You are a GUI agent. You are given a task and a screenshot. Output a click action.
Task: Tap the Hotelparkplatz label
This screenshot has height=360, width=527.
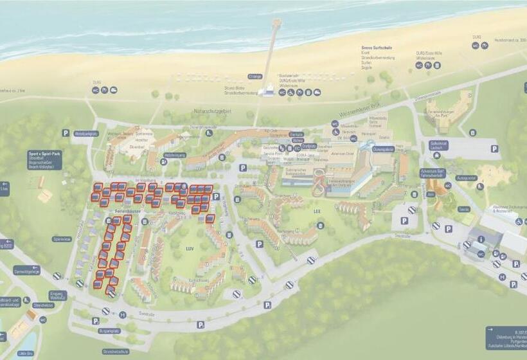[85, 134]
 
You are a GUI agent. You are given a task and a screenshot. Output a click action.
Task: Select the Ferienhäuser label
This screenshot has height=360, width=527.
[128, 211]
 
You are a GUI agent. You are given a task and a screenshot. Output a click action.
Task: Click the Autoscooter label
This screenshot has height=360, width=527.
[467, 177]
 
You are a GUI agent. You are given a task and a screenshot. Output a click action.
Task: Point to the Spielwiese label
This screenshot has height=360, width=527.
[62, 239]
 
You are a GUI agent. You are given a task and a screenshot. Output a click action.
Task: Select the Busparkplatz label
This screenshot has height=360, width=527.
[110, 330]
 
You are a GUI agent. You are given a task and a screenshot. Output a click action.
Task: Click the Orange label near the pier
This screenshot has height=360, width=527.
[255, 76]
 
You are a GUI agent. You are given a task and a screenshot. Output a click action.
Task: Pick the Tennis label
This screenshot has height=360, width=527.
[463, 209]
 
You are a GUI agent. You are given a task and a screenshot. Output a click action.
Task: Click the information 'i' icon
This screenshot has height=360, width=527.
[481, 239]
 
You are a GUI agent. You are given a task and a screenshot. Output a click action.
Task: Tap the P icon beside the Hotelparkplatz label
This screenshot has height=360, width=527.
[66, 132]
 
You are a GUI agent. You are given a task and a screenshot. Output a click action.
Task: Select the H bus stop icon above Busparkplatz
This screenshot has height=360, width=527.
[122, 314]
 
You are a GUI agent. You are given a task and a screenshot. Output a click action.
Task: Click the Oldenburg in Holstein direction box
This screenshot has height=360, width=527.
[506, 337]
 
